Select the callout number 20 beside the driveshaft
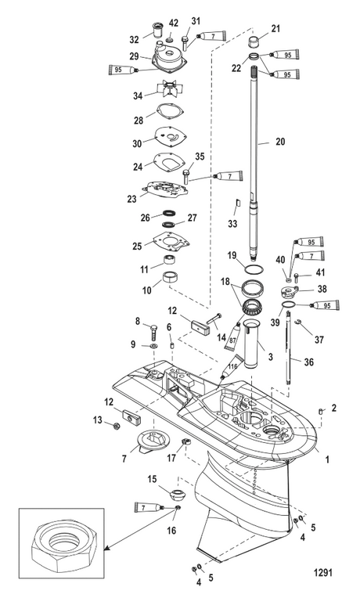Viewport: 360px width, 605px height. point(280,142)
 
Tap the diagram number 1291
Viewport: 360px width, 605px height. point(322,572)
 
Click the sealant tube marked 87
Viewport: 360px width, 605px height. point(232,335)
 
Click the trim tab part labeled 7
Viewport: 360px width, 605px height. point(148,448)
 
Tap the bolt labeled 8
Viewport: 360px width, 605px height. point(153,330)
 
